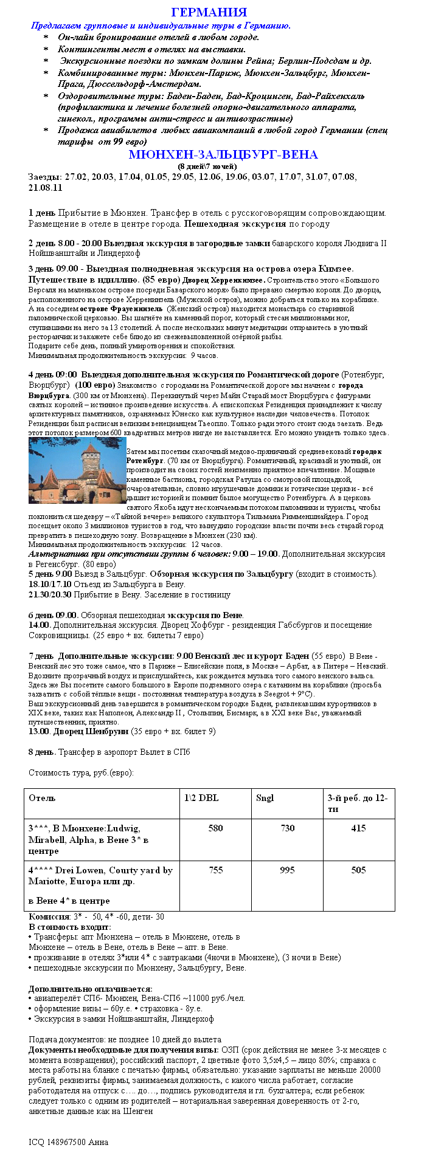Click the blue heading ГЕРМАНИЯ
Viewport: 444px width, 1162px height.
(209, 13)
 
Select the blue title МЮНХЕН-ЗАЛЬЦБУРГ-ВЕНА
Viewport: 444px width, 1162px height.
(223, 155)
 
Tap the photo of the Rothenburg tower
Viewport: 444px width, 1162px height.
(77, 470)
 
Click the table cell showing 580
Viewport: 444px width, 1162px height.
(215, 828)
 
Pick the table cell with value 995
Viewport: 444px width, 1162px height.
(287, 870)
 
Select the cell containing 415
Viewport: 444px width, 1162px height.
(358, 828)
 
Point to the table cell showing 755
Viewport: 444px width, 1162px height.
(215, 870)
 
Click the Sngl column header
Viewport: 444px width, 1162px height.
(265, 798)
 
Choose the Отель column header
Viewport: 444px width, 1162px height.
(42, 798)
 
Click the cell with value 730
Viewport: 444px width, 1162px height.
(287, 828)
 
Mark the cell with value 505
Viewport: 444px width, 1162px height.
(358, 870)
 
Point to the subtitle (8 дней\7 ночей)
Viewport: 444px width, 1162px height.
(207, 167)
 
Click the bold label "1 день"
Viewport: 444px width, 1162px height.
(42, 213)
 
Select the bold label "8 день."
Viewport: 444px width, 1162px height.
(43, 752)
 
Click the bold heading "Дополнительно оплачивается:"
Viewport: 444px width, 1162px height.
(91, 989)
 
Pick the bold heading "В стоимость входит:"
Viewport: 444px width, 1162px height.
(70, 927)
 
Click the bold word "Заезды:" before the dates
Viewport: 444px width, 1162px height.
(45, 177)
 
